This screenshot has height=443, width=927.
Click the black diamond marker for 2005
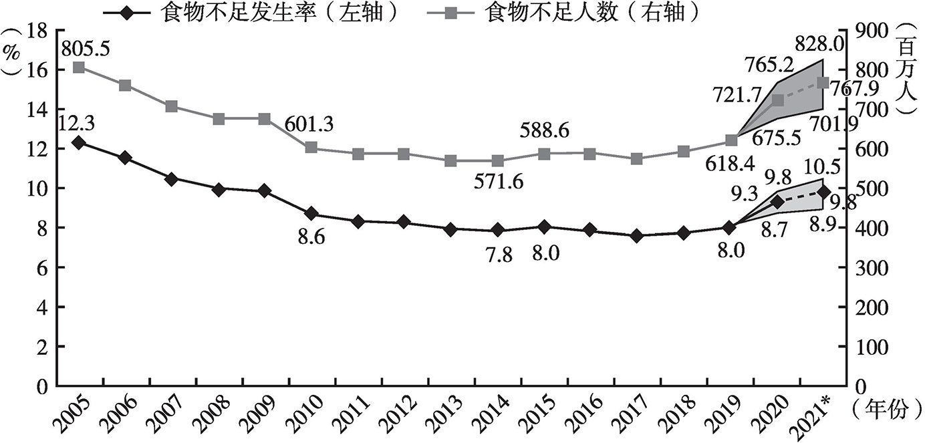pyautogui.click(x=79, y=143)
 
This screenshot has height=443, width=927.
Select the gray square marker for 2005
pyautogui.click(x=79, y=68)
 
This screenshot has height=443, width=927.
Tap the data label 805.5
pyautogui.click(x=86, y=49)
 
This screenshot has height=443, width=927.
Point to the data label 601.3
pyautogui.click(x=309, y=124)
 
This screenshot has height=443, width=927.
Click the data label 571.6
pyautogui.click(x=499, y=181)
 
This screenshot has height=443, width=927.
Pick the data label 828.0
pyautogui.click(x=819, y=44)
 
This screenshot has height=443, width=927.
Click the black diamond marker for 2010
pyautogui.click(x=311, y=214)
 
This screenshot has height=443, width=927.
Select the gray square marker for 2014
pyautogui.click(x=498, y=161)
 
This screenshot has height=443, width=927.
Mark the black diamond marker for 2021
pyautogui.click(x=823, y=192)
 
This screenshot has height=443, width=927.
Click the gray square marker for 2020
pyautogui.click(x=777, y=100)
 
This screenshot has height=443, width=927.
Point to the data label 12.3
pyautogui.click(x=77, y=123)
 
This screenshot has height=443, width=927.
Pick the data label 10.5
pyautogui.click(x=823, y=167)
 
